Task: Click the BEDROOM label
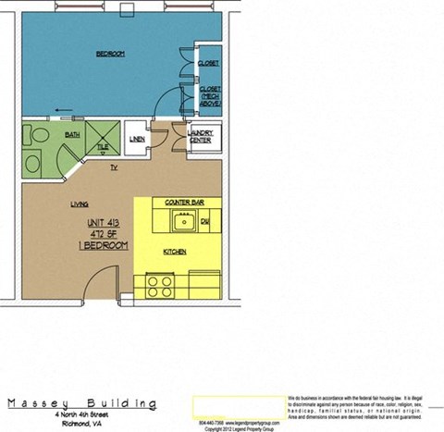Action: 110,54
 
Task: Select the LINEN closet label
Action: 138,140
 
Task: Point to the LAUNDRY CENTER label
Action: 201,136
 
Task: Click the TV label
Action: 114,167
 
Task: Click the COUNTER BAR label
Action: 184,201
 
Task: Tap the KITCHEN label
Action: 177,251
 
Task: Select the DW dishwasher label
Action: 205,222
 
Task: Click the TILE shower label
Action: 104,146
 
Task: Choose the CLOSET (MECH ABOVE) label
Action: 209,95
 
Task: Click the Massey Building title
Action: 81,403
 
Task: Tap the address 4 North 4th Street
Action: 81,415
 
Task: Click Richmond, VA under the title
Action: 81,424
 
